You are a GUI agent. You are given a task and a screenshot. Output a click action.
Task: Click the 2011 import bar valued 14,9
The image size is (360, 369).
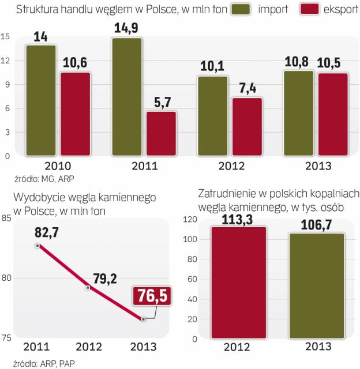click(127, 97)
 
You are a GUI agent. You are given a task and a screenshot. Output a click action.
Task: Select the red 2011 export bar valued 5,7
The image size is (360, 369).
click(162, 133)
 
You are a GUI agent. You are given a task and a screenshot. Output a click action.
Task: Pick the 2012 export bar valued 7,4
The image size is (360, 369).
click(247, 126)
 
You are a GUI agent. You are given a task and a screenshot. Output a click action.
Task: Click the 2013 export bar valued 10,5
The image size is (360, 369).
click(333, 114)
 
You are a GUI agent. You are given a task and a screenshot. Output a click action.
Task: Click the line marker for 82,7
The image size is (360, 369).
click(37, 245)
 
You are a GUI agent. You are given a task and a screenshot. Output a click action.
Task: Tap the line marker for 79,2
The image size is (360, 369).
click(88, 287)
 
